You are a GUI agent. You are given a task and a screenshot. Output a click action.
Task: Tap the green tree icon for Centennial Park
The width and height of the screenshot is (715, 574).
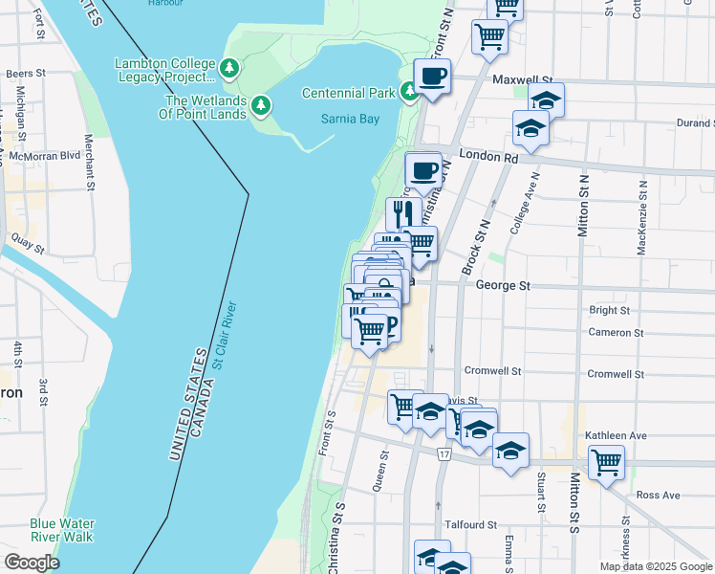(409, 92)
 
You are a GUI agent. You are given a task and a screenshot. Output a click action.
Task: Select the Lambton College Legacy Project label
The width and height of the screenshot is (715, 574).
(164, 70)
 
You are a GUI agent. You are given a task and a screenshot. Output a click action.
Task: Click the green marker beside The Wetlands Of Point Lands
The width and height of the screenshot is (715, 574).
(260, 107)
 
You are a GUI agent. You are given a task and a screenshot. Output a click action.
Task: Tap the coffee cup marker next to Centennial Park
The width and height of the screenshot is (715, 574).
(432, 76)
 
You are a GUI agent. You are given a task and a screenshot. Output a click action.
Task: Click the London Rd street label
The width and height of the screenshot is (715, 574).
(487, 155)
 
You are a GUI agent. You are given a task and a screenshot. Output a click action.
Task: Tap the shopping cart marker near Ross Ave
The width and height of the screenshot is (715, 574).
(607, 463)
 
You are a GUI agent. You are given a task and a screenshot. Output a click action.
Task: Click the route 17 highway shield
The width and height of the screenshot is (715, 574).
(444, 453)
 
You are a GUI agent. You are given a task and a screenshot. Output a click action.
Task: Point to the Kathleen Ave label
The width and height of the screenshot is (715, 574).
(617, 435)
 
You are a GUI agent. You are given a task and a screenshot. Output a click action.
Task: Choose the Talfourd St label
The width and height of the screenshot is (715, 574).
(471, 525)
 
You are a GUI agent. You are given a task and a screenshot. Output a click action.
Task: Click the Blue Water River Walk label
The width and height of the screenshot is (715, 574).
(62, 530)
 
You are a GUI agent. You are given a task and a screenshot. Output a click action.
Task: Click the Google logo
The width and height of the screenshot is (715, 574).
(32, 562)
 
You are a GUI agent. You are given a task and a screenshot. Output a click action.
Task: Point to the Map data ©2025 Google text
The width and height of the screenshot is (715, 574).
(655, 566)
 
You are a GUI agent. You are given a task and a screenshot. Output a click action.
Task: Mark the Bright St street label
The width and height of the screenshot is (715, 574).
(610, 310)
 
